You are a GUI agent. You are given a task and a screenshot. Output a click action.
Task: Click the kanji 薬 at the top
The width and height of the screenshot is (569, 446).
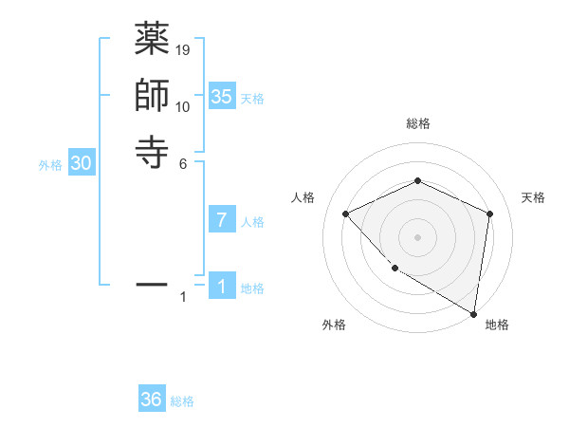152,41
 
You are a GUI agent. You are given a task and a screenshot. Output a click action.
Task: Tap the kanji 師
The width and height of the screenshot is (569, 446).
152,96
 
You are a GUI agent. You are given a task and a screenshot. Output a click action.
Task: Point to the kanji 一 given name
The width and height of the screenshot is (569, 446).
152,284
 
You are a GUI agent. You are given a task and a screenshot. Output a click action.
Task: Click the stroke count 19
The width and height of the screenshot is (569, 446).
183,49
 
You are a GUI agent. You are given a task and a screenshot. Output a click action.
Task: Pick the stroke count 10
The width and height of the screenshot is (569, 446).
183,105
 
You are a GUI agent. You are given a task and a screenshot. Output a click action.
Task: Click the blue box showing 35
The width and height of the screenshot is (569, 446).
222,96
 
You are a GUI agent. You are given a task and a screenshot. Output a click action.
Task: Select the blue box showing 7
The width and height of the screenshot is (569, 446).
222,220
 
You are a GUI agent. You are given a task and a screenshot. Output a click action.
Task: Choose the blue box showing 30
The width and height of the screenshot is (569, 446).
82,163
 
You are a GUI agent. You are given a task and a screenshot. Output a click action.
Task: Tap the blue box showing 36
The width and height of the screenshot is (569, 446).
152,400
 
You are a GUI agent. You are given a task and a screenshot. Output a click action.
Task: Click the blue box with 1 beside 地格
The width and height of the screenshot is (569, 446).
222,287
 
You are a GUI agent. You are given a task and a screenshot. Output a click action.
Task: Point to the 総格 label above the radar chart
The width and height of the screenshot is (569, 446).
418,123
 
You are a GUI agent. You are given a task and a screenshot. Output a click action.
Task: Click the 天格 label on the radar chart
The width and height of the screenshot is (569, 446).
534,197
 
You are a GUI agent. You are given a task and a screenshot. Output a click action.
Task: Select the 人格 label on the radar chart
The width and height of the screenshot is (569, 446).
303,197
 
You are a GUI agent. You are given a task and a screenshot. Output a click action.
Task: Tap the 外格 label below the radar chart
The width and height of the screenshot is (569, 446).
334,325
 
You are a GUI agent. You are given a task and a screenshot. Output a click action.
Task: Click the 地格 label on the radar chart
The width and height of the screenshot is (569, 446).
497,325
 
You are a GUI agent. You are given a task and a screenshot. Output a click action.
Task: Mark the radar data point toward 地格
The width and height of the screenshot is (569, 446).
473,313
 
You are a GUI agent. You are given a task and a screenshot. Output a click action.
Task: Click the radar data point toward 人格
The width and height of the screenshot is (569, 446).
346,214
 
